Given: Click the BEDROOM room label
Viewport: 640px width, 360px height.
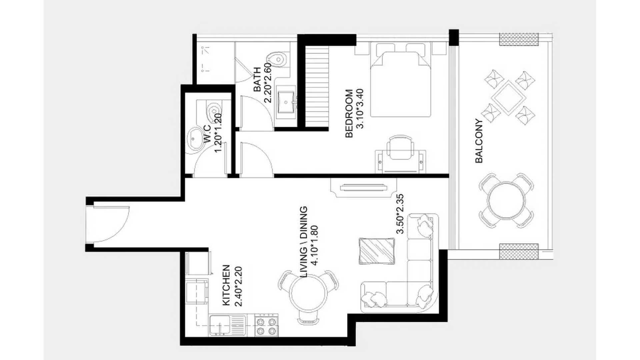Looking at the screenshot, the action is coord(349,113).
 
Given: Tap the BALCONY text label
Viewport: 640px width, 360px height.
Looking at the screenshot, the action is coord(479,141).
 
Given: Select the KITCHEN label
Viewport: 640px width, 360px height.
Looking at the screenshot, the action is coord(226,285).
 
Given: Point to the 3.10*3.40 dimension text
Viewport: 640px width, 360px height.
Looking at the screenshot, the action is coord(360,109).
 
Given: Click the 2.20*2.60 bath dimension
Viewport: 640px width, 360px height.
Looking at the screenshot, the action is coord(268,83).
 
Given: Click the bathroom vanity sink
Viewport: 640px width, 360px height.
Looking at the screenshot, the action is coord(286,99).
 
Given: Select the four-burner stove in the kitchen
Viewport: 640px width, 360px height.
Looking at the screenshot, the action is coord(267,325).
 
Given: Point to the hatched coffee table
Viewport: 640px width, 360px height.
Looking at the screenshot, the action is coord(377,251).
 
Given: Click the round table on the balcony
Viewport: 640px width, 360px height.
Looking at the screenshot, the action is coord(506,200).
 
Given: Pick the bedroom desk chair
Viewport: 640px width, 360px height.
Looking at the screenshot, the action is coord(400,147).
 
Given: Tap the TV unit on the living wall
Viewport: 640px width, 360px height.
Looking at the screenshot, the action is coord(364,188).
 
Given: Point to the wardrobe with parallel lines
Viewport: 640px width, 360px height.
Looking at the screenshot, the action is coord(317,86).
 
